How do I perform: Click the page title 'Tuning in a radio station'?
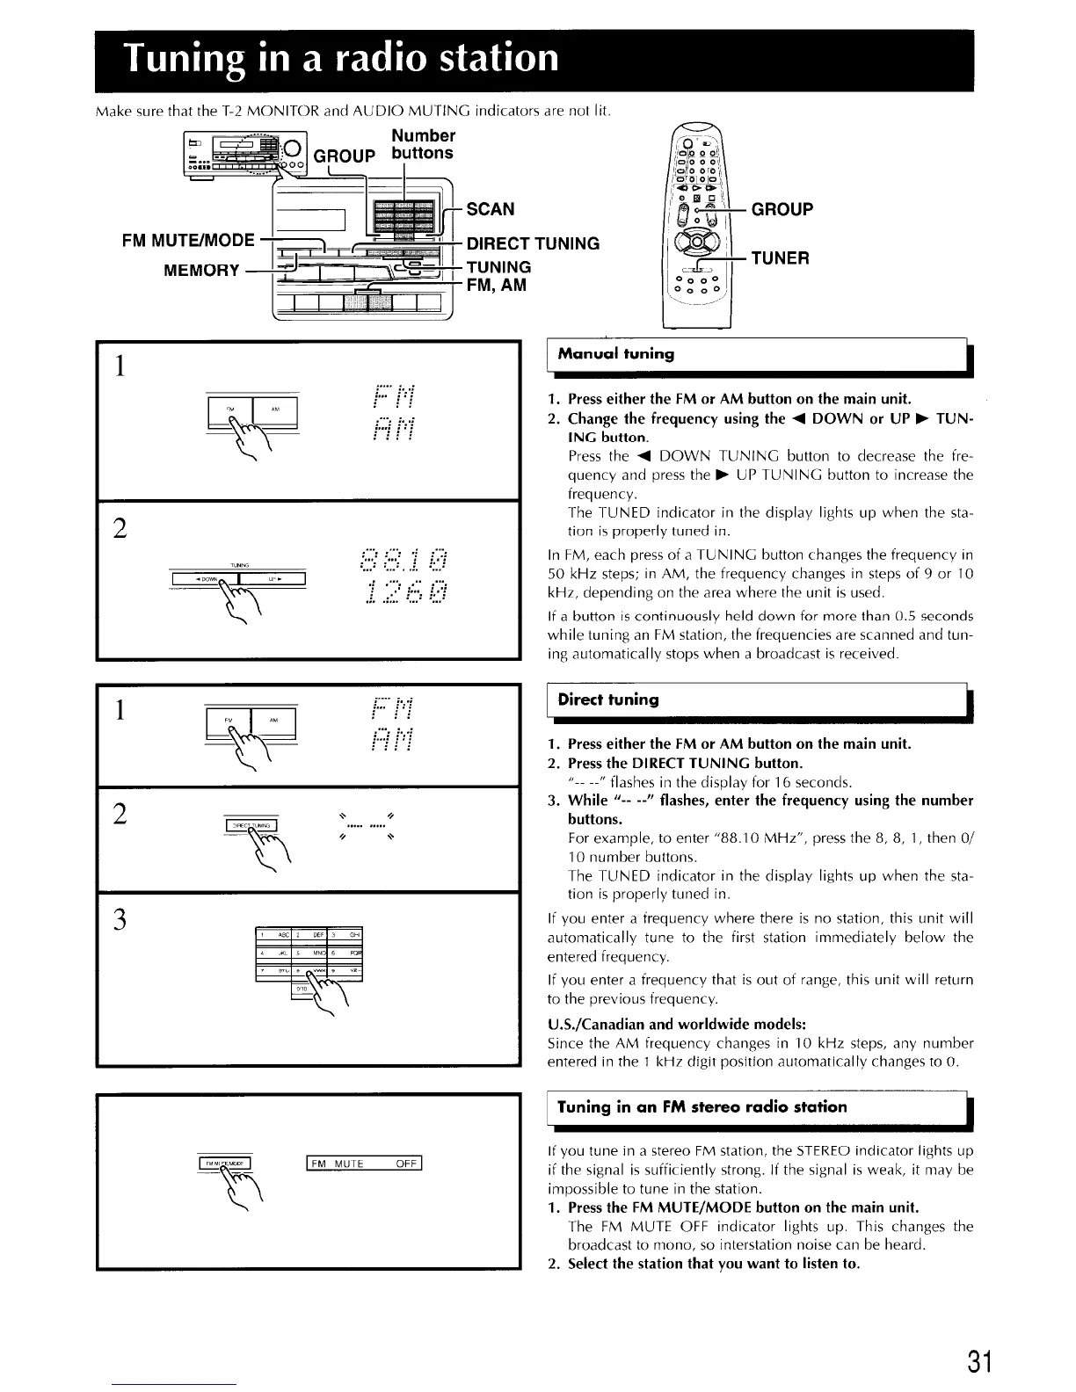tap(342, 58)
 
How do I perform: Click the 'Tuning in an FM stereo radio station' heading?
tap(702, 1106)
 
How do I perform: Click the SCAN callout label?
tap(491, 209)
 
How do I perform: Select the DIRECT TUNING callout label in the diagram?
tap(533, 243)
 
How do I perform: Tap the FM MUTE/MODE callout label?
tap(191, 240)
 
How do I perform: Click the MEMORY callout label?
tap(201, 270)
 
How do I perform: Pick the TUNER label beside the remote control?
tap(780, 257)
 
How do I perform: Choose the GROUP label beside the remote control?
tap(782, 209)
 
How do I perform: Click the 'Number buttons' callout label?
tap(423, 144)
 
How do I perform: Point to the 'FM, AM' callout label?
tap(497, 285)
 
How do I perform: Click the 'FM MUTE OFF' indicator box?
tap(364, 1164)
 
